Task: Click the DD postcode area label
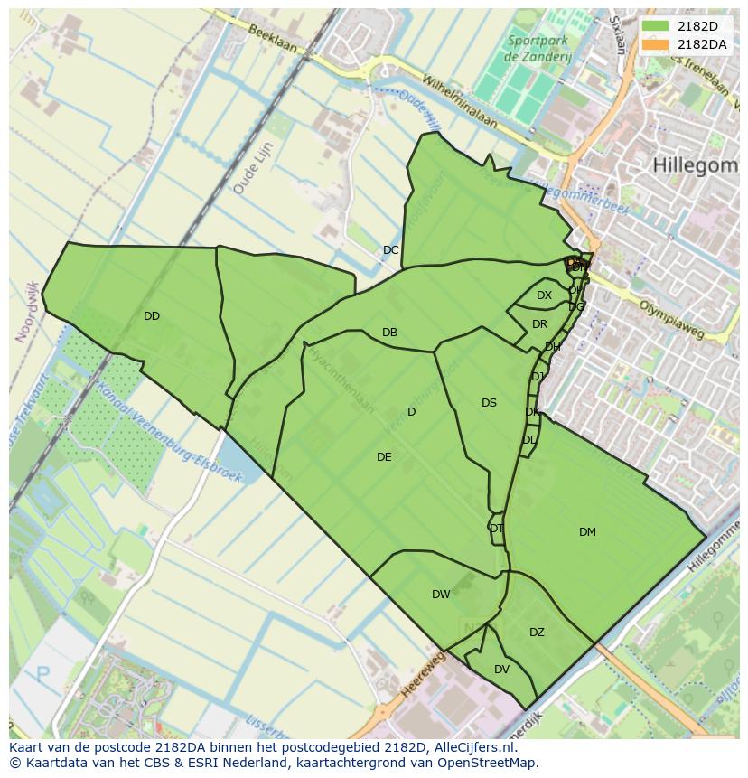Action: click(x=151, y=316)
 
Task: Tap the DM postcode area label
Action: click(x=587, y=532)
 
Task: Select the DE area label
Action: click(x=384, y=457)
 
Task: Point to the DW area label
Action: click(x=441, y=595)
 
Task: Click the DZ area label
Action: click(x=537, y=633)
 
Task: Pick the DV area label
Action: click(x=501, y=670)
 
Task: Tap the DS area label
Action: click(x=489, y=403)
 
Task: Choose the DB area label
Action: click(x=389, y=333)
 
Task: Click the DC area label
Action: click(x=390, y=250)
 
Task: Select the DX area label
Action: click(x=544, y=295)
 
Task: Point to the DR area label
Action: click(x=539, y=324)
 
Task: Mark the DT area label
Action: click(x=496, y=529)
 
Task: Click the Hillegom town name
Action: click(x=694, y=164)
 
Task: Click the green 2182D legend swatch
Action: click(x=656, y=26)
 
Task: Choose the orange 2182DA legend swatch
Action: click(x=656, y=44)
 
